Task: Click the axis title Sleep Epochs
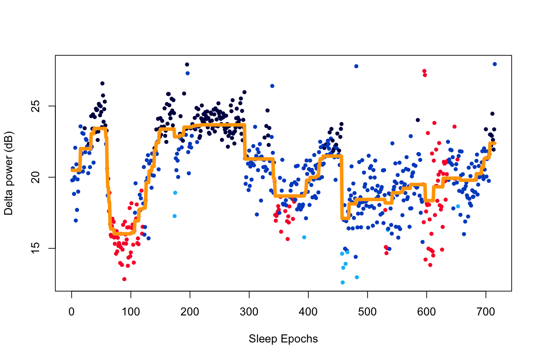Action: pyautogui.click(x=283, y=339)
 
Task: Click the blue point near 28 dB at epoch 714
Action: pyautogui.click(x=495, y=64)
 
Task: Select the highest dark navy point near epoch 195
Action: pyautogui.click(x=187, y=64)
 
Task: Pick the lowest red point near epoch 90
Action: pyautogui.click(x=124, y=279)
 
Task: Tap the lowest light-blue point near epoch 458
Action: pyautogui.click(x=342, y=282)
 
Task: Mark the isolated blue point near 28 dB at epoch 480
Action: pyautogui.click(x=356, y=66)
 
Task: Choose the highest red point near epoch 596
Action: pyautogui.click(x=424, y=71)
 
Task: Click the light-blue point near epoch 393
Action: pyautogui.click(x=304, y=237)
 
